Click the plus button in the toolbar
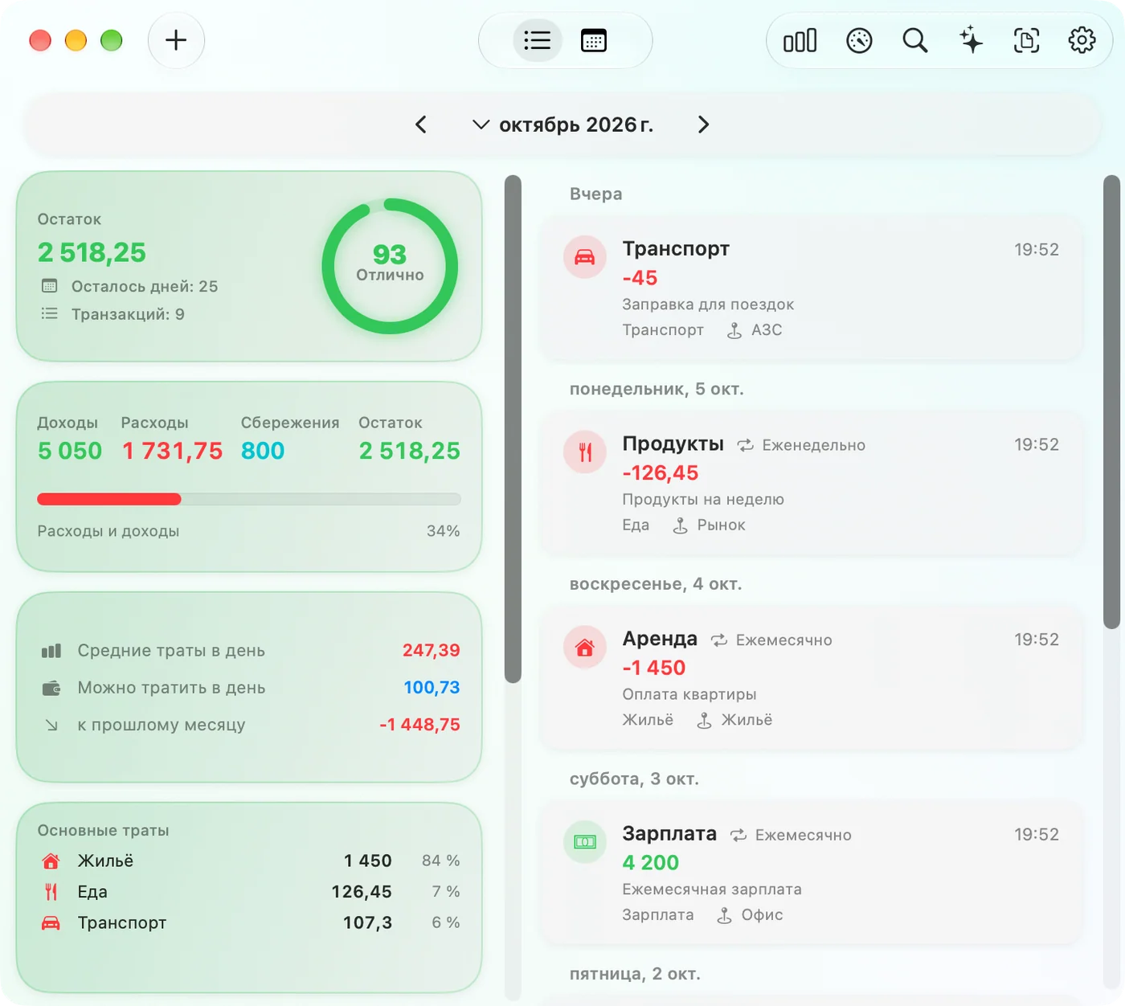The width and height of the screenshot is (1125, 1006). click(x=176, y=40)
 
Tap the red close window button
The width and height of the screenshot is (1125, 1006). click(x=40, y=40)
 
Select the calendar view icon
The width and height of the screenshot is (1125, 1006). click(x=593, y=40)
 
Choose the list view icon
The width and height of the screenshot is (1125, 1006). click(x=537, y=40)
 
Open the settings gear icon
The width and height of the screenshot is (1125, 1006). click(x=1081, y=40)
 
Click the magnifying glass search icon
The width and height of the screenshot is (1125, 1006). click(x=914, y=40)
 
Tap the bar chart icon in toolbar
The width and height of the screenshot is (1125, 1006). click(x=800, y=40)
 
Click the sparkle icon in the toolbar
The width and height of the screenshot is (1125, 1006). click(x=971, y=40)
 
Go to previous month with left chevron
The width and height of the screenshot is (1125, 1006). click(x=421, y=125)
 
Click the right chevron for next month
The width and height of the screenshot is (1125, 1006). click(x=703, y=125)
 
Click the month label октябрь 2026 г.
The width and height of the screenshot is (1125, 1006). click(x=576, y=125)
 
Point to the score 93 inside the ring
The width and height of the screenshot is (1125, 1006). click(x=389, y=254)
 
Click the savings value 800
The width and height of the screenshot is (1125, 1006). click(x=263, y=450)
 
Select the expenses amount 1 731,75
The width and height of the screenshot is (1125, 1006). click(x=172, y=450)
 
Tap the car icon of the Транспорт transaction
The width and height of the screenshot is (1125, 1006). click(x=584, y=257)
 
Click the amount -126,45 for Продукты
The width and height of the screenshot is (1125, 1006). click(x=661, y=472)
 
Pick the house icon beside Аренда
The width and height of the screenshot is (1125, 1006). click(x=584, y=647)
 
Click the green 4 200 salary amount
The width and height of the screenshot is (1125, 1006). click(x=650, y=862)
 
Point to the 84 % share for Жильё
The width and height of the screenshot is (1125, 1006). click(x=440, y=861)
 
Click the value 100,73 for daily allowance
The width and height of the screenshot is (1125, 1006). click(x=432, y=687)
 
